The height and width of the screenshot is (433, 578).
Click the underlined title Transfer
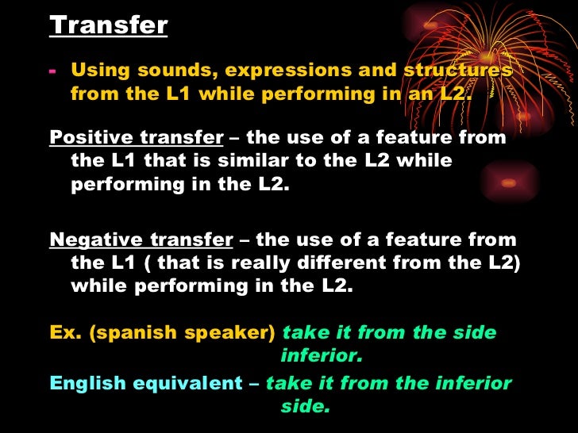pos(109,25)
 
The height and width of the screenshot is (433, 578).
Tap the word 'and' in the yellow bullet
pos(376,71)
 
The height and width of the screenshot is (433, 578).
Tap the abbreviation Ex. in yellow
pos(66,332)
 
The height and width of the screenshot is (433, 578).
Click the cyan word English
pos(88,384)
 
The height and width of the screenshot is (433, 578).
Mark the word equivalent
pos(187,384)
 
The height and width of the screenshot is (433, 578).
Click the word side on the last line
pos(303,408)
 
